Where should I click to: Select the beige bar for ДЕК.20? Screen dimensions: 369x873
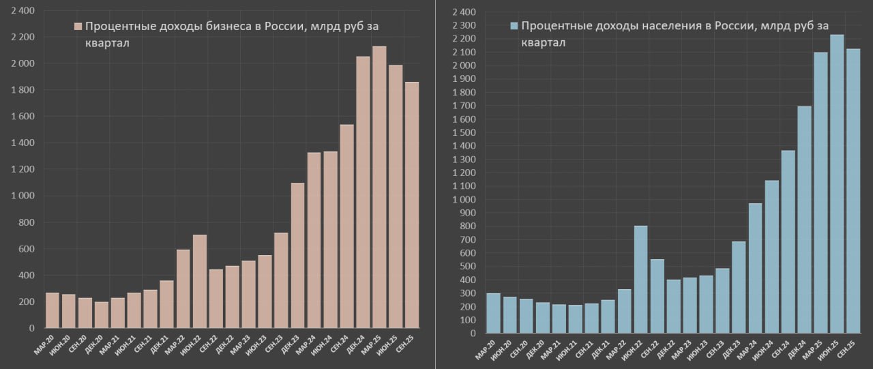[101, 314]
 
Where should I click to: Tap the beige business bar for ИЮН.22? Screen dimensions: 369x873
[199, 281]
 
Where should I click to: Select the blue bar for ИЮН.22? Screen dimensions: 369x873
[640, 280]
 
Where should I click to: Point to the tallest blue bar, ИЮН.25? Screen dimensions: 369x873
[837, 184]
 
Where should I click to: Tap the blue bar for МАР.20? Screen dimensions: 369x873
[493, 313]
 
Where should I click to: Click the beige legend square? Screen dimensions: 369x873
[78, 27]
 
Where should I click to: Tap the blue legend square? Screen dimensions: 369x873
[515, 27]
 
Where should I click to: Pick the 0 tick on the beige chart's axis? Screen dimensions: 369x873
[31, 328]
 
